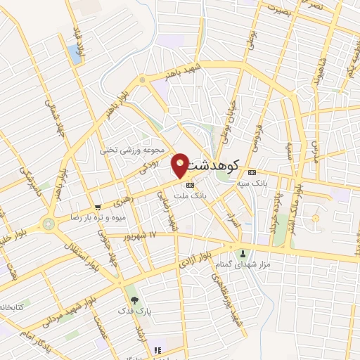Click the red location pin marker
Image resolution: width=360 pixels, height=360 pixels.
coord(181,165)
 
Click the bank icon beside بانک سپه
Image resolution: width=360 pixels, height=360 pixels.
coord(252,173)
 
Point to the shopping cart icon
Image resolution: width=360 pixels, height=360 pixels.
coord(98,207)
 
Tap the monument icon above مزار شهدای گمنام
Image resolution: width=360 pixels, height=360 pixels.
coord(243,254)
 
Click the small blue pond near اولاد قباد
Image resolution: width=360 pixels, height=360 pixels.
coord(75,55)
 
